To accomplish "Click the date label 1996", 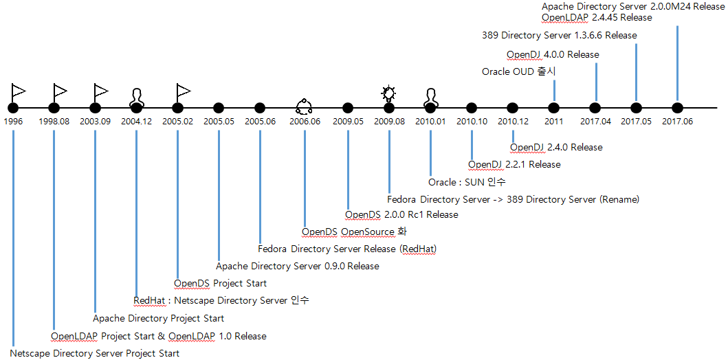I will (x=13, y=122).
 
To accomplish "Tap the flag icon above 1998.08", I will (x=60, y=91).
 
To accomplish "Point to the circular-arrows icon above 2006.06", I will (x=304, y=105).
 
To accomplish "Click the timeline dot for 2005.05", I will (x=219, y=108).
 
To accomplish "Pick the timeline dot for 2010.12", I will (x=513, y=108).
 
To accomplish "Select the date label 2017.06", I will (x=678, y=122).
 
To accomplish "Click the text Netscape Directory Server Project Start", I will (x=95, y=353).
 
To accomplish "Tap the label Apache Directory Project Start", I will (x=158, y=318).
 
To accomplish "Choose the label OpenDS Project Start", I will (x=220, y=283).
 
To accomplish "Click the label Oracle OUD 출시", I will (x=518, y=71).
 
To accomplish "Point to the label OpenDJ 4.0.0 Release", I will (x=553, y=54).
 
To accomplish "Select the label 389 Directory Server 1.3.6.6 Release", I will (x=560, y=35).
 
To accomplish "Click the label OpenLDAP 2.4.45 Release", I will (x=597, y=17).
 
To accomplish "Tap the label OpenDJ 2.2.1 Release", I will (x=514, y=164).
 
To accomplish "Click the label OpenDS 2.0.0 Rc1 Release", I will (x=401, y=214).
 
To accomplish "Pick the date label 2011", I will (x=554, y=122).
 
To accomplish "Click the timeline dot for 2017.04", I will (x=595, y=108).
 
